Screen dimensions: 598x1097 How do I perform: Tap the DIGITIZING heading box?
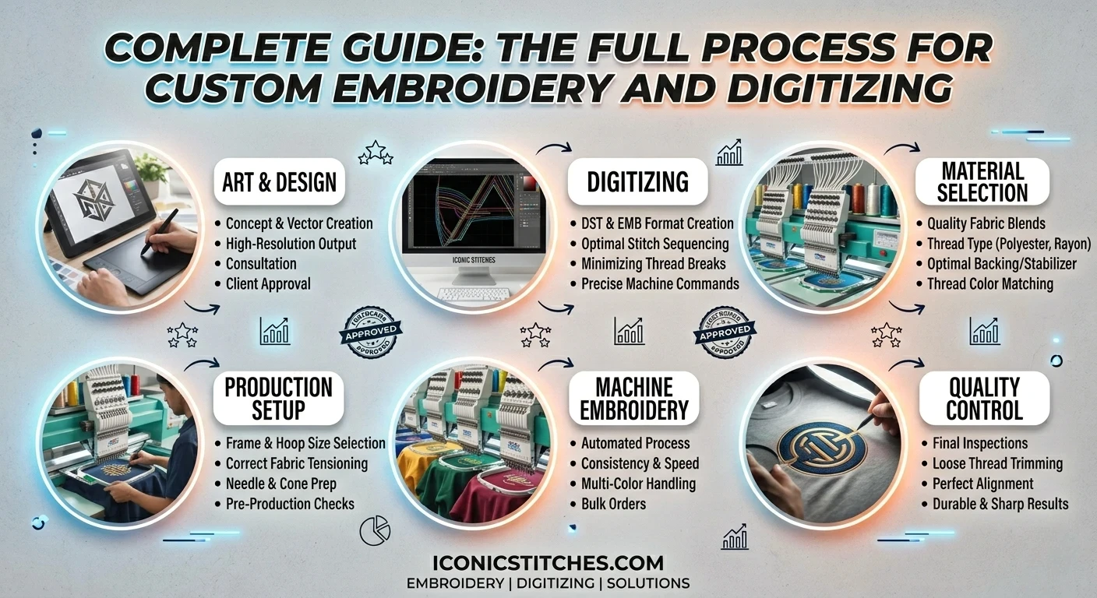pyautogui.click(x=637, y=182)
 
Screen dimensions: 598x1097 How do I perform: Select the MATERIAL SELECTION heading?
pyautogui.click(x=982, y=181)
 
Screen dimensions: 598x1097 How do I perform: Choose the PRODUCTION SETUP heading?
pyautogui.click(x=278, y=398)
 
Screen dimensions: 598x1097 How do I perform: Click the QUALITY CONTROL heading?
pyautogui.click(x=984, y=398)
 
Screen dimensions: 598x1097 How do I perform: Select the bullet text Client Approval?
pyautogui.click(x=268, y=284)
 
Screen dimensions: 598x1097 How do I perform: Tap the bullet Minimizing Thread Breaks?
pyautogui.click(x=653, y=264)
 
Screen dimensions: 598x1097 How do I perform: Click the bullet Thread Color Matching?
pyautogui.click(x=989, y=284)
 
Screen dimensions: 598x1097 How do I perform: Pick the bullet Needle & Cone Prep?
pyautogui.click(x=280, y=484)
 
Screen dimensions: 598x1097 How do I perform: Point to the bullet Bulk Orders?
pyautogui.click(x=613, y=504)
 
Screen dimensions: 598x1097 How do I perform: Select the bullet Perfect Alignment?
pyautogui.click(x=982, y=484)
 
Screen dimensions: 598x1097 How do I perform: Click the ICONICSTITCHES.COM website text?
pyautogui.click(x=548, y=563)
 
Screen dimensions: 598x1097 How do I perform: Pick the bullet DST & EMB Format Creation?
pyautogui.click(x=658, y=223)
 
